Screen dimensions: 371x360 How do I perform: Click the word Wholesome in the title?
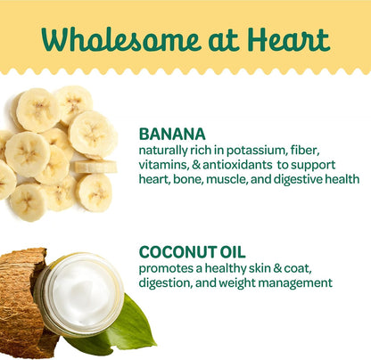coord(120,39)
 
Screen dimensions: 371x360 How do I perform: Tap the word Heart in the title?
coord(288,39)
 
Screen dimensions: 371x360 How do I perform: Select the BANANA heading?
coord(172,135)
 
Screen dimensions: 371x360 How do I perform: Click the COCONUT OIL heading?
coord(192,252)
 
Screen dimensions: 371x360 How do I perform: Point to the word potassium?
coord(257,151)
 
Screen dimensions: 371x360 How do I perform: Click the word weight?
coord(236,283)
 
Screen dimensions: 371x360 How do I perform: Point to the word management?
coord(295,283)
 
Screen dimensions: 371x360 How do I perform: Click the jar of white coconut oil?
coord(79,293)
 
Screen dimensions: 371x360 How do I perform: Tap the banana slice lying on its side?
coord(95,167)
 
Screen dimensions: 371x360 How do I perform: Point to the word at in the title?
coord(224,41)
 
